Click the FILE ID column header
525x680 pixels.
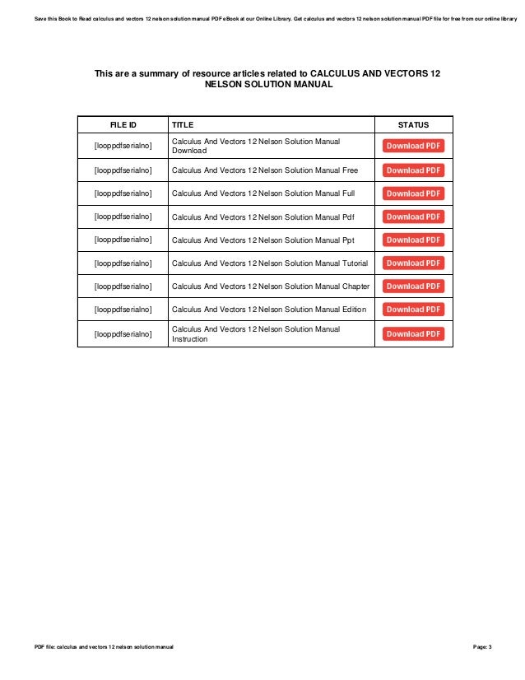(123, 125)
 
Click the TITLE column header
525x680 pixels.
(182, 125)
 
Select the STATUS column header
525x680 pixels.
(413, 125)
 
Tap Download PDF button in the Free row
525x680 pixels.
(414, 170)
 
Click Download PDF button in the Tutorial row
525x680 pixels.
(414, 263)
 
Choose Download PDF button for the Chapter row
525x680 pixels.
(414, 286)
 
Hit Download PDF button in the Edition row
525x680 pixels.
(414, 310)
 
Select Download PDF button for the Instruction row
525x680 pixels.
(414, 334)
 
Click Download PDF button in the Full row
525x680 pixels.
(414, 193)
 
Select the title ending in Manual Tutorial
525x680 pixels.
(269, 263)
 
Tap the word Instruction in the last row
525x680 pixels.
(189, 339)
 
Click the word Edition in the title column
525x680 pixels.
(355, 310)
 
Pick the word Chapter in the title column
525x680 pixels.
(355, 286)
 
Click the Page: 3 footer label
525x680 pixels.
(482, 647)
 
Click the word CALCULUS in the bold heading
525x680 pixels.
(335, 73)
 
